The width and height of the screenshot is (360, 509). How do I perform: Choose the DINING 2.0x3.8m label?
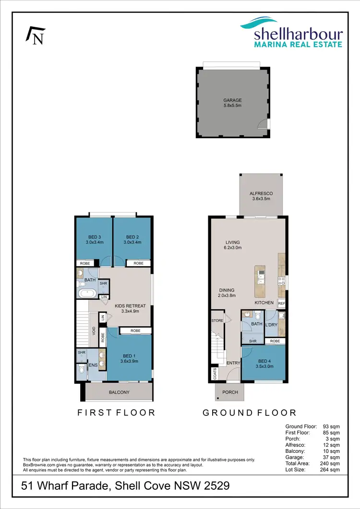click(x=227, y=293)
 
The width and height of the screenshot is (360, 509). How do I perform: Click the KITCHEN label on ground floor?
click(x=264, y=303)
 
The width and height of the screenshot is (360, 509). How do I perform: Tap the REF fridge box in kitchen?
click(x=282, y=304)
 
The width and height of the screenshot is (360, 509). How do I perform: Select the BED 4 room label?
click(x=264, y=363)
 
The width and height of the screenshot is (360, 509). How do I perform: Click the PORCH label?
click(x=229, y=392)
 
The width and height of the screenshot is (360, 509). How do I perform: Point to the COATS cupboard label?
click(x=212, y=374)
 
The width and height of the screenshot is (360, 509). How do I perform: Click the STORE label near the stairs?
click(x=217, y=320)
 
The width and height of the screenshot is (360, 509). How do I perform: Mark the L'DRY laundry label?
click(x=271, y=325)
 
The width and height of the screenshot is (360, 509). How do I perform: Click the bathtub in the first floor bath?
click(x=87, y=294)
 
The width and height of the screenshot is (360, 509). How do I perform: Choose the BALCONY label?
click(x=119, y=392)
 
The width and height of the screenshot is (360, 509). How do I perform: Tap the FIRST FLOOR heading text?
click(x=116, y=413)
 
